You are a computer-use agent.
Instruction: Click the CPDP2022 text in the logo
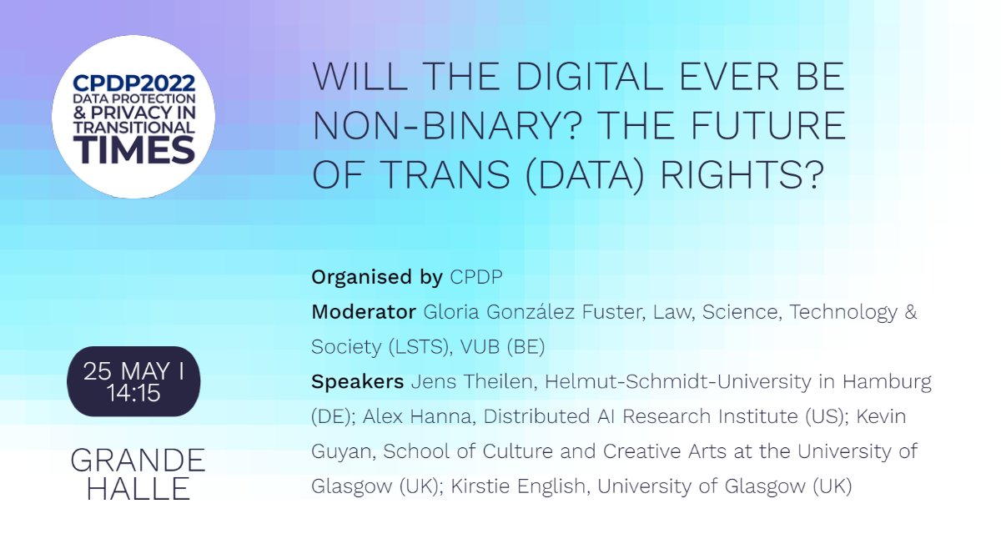(133, 83)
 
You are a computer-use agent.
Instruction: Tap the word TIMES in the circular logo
(133, 151)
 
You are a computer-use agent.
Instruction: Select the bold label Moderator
(364, 312)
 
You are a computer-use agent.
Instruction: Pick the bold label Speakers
(358, 382)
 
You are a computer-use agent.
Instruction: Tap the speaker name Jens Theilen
(451, 382)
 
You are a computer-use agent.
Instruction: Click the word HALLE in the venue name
(138, 489)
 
